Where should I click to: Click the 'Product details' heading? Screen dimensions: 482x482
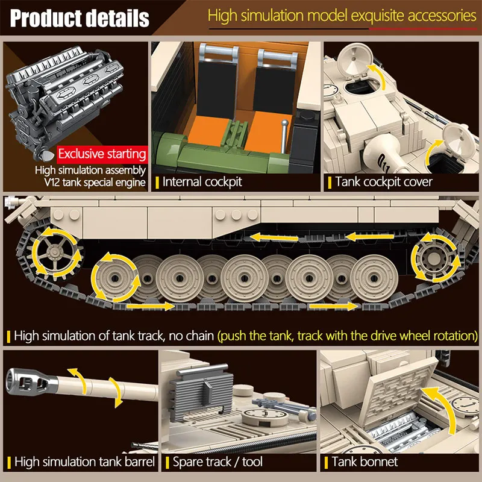(x=80, y=18)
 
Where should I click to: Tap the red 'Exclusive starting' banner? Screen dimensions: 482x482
(x=102, y=154)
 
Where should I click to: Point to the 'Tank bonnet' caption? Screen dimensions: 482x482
(x=365, y=462)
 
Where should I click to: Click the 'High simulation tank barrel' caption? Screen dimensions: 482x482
(x=84, y=462)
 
